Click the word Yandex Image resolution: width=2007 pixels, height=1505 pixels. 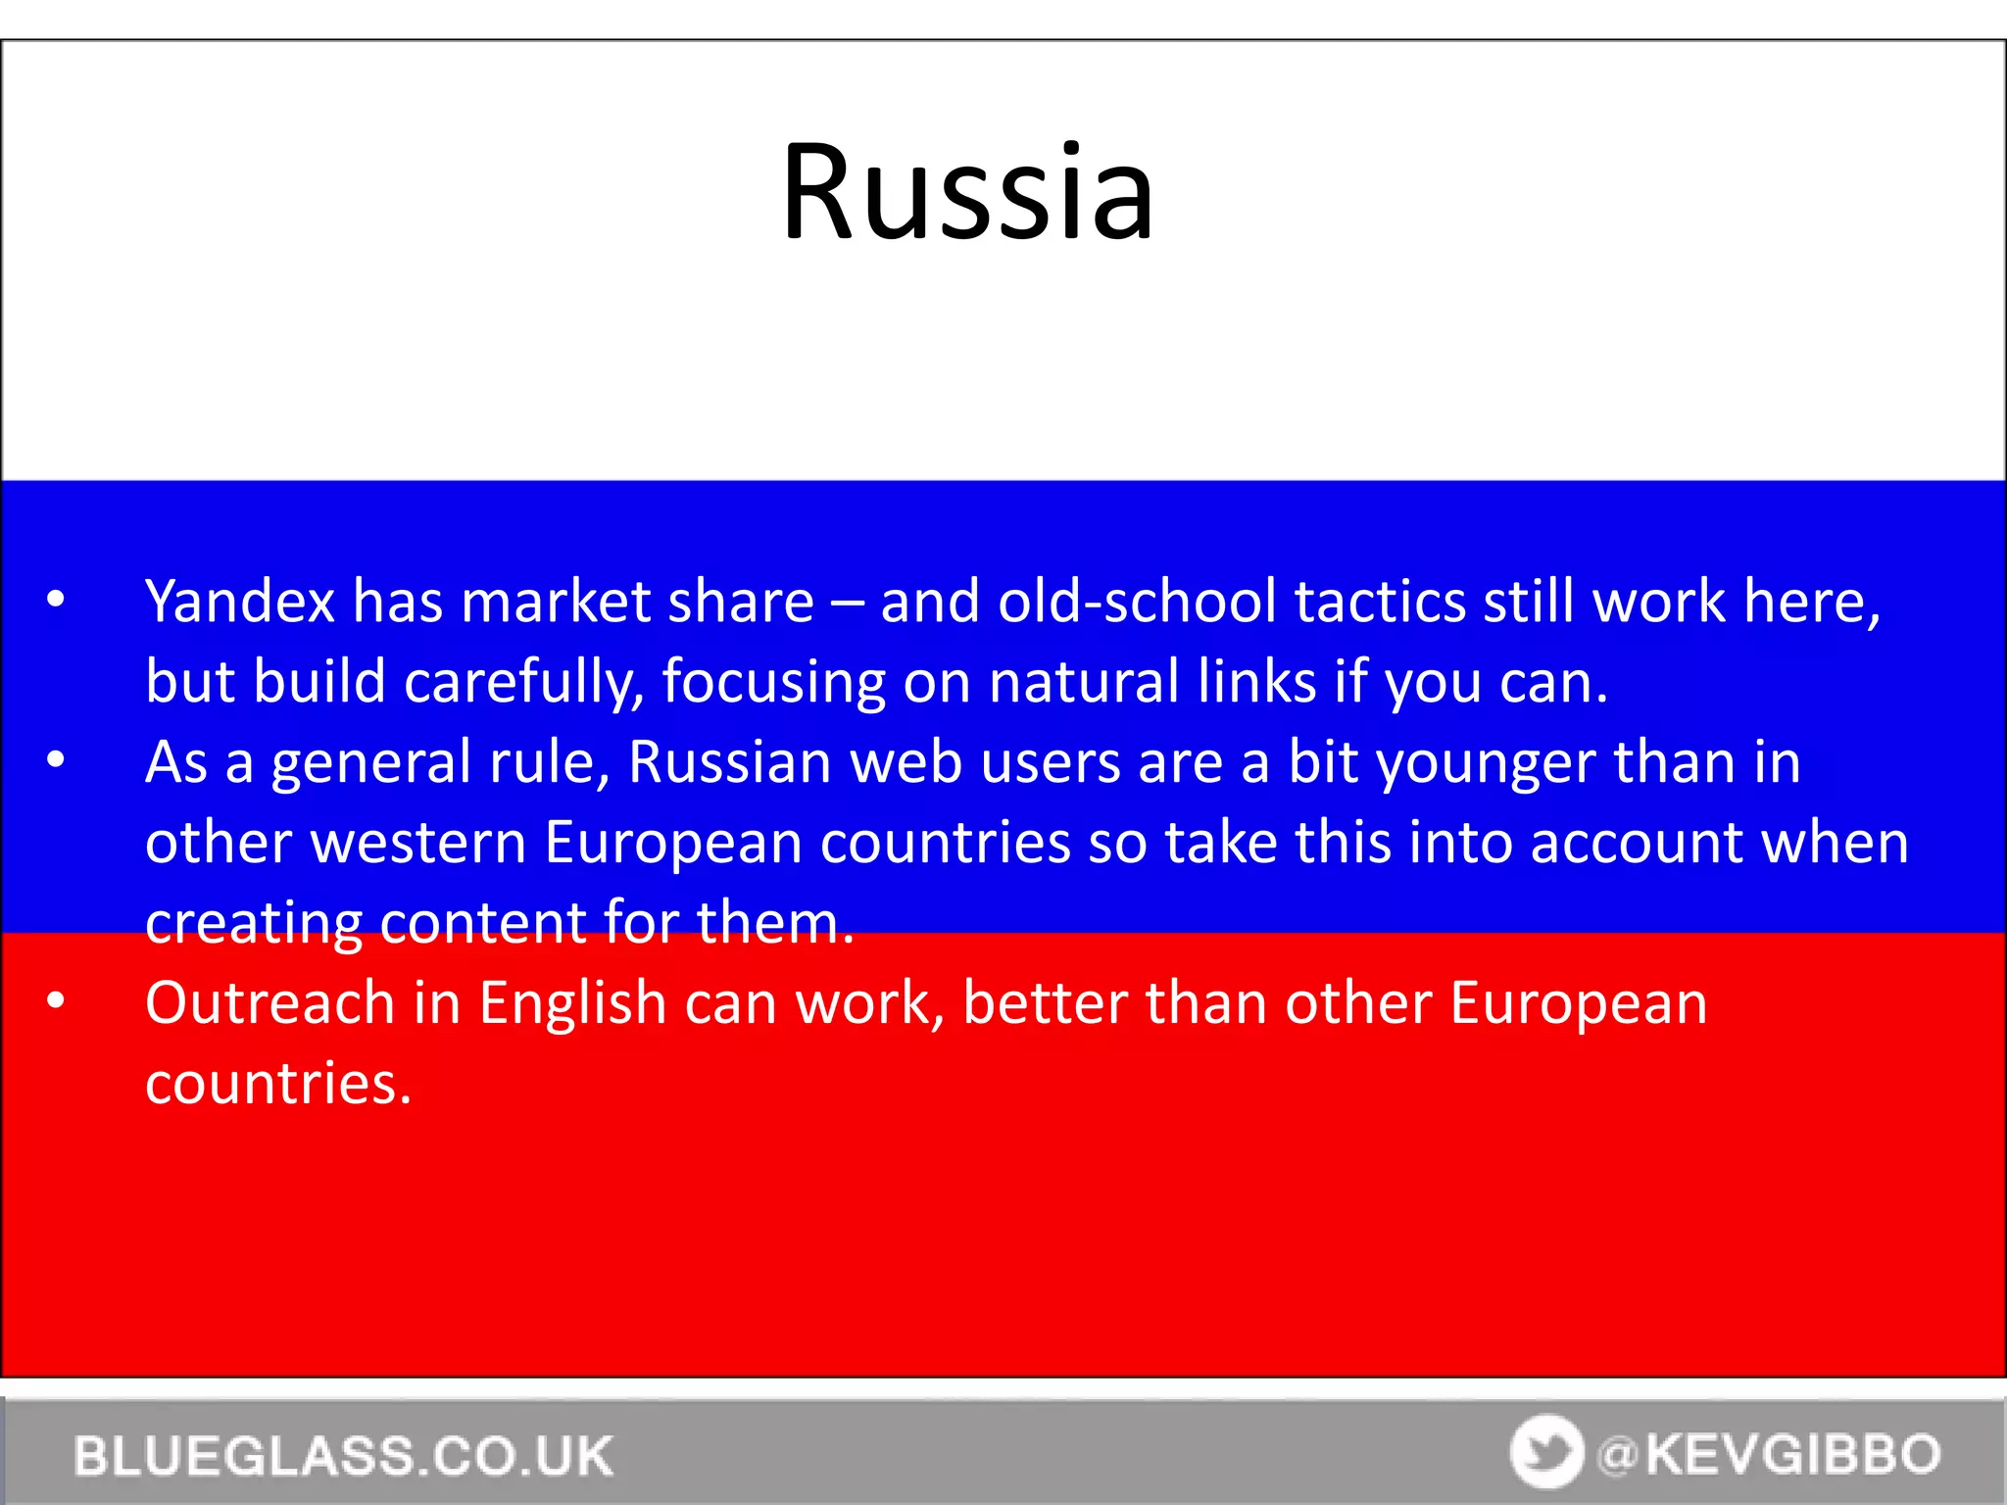(x=240, y=601)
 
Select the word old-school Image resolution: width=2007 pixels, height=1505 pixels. (x=1136, y=601)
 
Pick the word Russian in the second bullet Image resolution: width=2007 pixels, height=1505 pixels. (x=730, y=762)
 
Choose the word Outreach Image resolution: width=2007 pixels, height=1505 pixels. (x=269, y=1003)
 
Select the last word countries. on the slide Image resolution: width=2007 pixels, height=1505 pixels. (x=278, y=1084)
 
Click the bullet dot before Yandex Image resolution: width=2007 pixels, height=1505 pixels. (x=56, y=599)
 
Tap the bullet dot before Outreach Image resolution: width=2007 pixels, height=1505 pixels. (x=56, y=1000)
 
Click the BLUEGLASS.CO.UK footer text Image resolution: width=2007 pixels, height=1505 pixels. (x=344, y=1455)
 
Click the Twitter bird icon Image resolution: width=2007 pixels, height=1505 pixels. (x=1546, y=1451)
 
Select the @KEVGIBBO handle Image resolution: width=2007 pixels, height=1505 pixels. (x=1769, y=1454)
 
